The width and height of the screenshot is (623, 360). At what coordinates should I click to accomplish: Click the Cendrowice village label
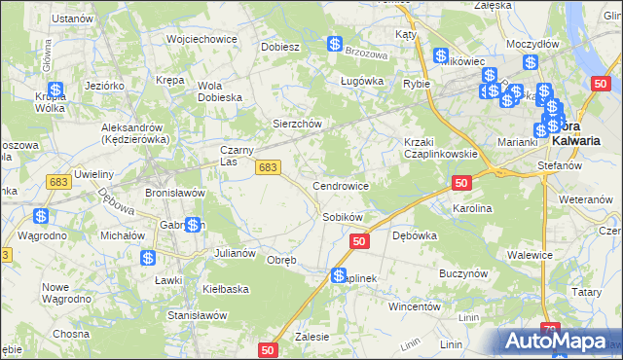(340, 185)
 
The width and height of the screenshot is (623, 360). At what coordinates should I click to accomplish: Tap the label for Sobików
(343, 217)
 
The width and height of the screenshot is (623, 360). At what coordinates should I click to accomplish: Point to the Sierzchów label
(296, 125)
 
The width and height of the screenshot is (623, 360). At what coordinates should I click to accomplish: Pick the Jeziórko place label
(104, 85)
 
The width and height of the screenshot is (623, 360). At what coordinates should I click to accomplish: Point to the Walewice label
(531, 255)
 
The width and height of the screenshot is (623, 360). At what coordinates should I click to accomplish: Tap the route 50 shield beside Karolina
(462, 183)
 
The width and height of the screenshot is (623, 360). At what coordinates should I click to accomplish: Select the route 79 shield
(552, 331)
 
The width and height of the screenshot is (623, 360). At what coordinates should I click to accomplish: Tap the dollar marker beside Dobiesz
(334, 45)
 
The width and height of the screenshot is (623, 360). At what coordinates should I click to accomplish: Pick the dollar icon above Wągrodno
(41, 216)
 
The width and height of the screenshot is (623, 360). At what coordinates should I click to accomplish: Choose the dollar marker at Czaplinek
(339, 276)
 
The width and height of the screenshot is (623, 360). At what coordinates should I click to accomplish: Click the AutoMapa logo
(555, 342)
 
